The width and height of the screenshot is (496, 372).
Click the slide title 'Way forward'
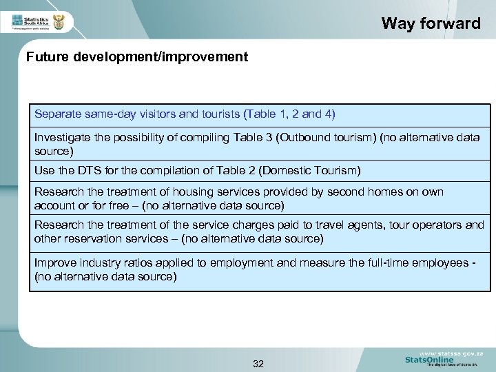431,23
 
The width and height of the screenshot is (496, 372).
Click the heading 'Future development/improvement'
137,57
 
